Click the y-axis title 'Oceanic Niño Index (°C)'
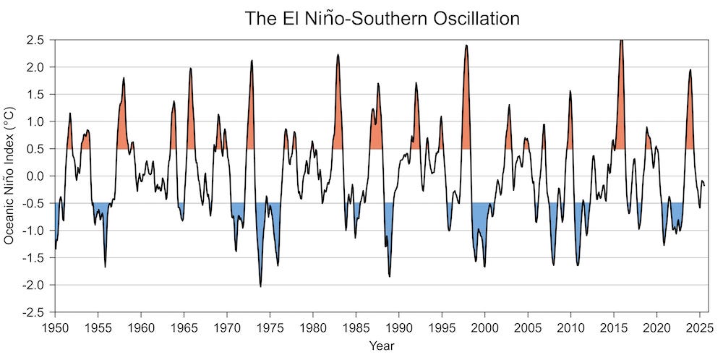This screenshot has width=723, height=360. tap(10, 176)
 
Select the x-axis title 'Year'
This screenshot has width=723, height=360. tap(381, 346)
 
